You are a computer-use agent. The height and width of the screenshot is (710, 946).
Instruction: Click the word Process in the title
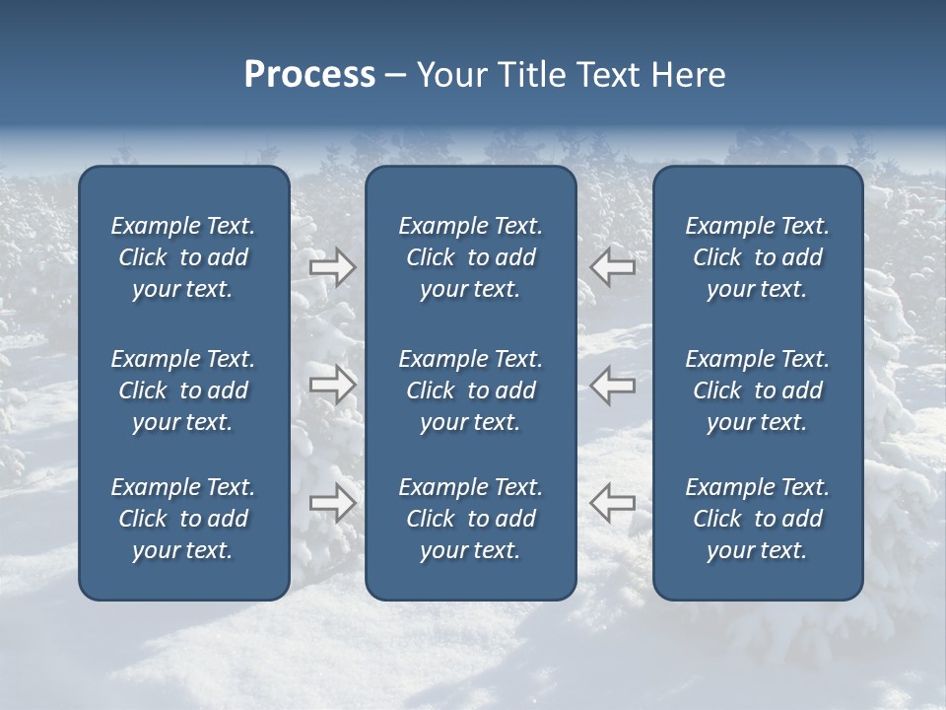309,75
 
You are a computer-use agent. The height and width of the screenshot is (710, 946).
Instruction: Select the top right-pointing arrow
332,266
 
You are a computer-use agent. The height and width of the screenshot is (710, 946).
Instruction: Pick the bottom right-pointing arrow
332,503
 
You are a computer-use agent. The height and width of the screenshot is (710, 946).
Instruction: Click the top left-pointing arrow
613,266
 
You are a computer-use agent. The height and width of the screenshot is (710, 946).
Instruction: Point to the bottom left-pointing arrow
613,503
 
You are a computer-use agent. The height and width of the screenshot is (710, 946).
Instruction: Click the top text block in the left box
183,257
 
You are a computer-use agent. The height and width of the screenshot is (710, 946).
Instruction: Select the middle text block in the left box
183,390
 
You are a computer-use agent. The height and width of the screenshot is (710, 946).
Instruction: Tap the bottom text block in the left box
183,519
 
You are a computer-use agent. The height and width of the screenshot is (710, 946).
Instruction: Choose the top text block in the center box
470,257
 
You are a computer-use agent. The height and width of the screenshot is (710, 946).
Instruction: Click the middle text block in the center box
470,390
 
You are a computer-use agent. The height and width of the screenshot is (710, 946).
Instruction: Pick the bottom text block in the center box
470,519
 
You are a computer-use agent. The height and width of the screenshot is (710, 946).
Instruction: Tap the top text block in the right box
757,257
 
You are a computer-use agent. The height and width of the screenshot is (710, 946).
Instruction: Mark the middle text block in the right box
757,390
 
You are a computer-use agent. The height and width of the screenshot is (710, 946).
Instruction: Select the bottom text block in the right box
757,519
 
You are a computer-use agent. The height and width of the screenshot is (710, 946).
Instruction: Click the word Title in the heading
527,75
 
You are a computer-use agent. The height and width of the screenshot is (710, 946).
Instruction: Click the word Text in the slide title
607,75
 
